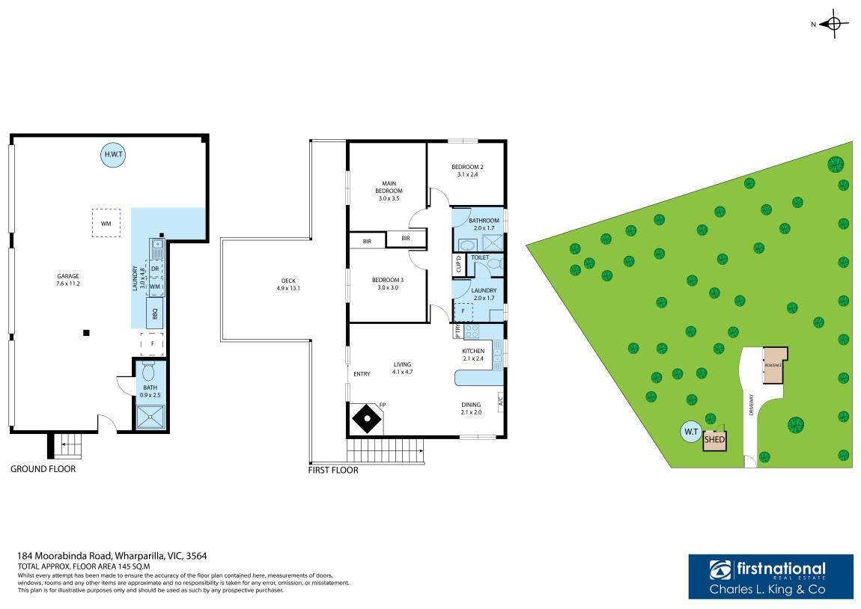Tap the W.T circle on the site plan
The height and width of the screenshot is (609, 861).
click(x=690, y=432)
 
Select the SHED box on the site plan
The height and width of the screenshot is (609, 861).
click(x=715, y=440)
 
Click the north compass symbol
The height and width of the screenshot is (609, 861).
click(x=835, y=24)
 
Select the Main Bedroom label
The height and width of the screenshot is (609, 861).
click(x=389, y=187)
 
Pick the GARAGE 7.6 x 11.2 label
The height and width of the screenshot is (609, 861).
click(x=68, y=280)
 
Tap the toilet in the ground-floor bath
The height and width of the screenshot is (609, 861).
click(x=147, y=372)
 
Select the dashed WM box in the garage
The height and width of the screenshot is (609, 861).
click(x=106, y=223)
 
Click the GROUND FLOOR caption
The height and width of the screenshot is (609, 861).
click(x=43, y=469)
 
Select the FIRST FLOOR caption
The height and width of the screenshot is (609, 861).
click(x=333, y=471)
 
